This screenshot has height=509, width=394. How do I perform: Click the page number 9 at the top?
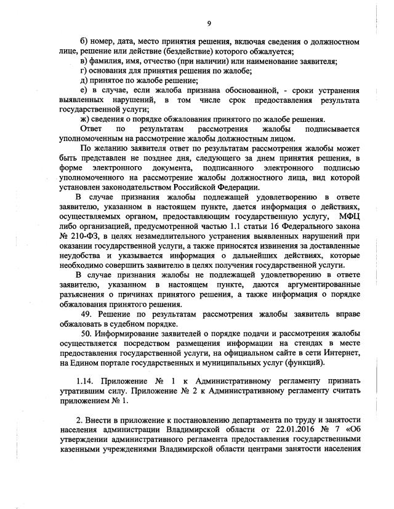(209, 23)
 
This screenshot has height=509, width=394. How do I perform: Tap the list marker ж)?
(86, 119)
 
